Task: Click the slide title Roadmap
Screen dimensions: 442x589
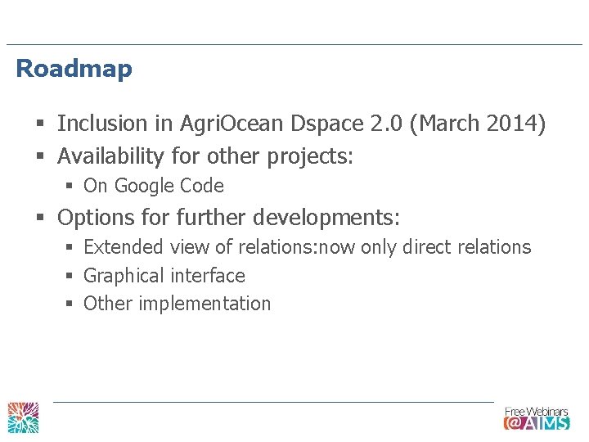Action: click(x=74, y=69)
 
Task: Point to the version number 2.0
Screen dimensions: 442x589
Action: click(x=386, y=124)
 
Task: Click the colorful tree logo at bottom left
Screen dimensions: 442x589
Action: click(x=24, y=417)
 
